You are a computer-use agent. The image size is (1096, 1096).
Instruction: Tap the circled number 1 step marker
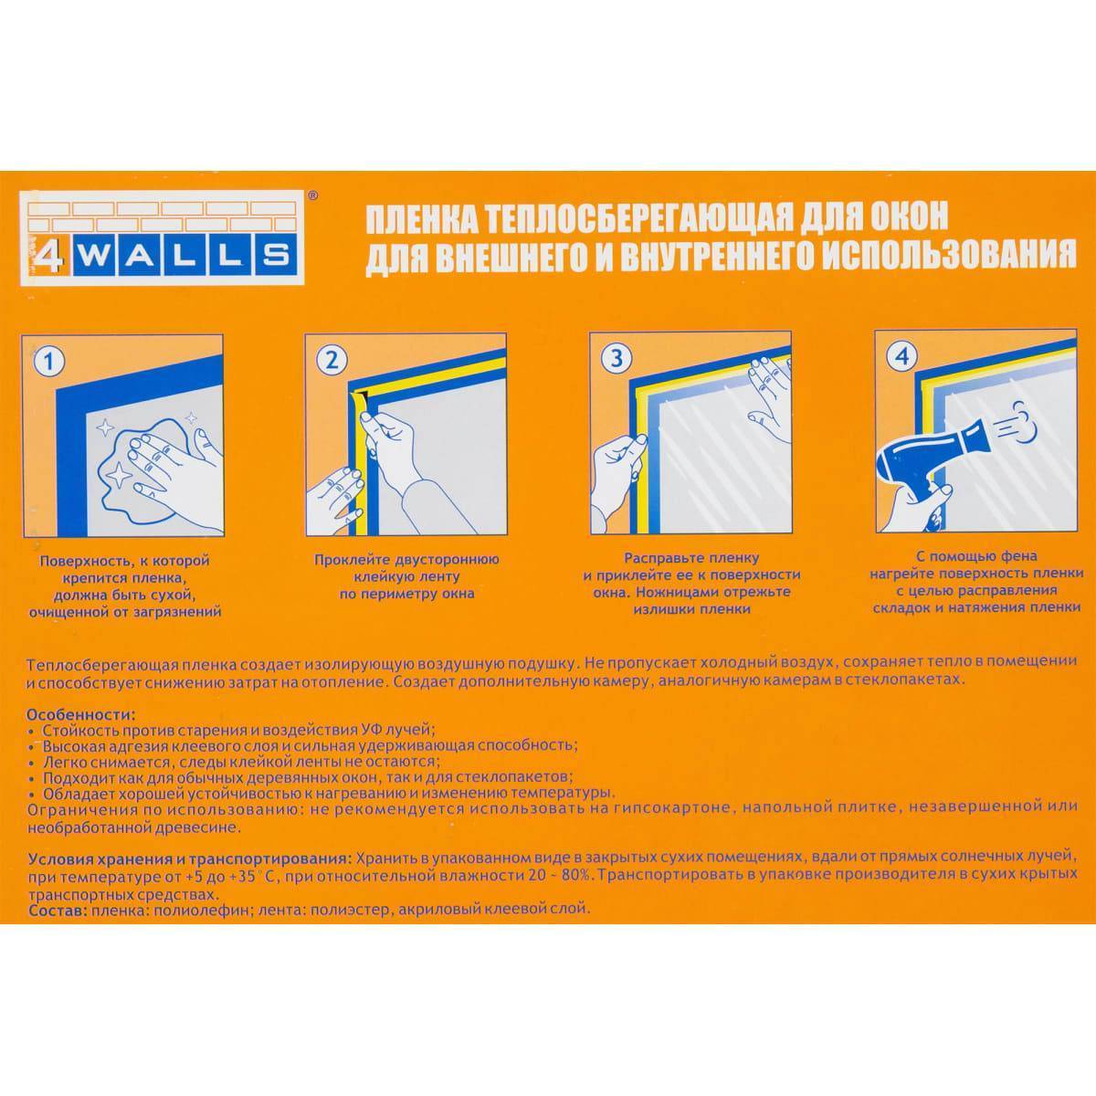pos(49,363)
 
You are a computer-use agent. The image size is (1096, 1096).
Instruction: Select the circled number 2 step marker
pos(332,361)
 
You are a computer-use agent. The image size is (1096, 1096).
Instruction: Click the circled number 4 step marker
pos(902,356)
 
